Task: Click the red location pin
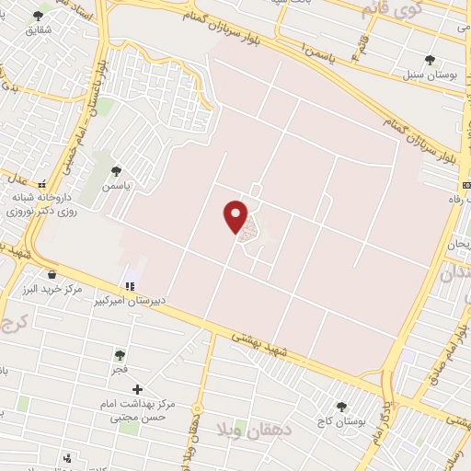[x=236, y=215]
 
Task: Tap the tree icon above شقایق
[x=39, y=17]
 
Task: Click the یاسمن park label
[x=116, y=185]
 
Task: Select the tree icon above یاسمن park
[x=116, y=170]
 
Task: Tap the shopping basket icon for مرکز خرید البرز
[x=51, y=273]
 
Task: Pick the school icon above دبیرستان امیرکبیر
[x=130, y=286]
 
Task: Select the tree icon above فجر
[x=120, y=354]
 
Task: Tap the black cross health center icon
[x=137, y=390]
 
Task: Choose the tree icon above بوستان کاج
[x=341, y=406]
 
